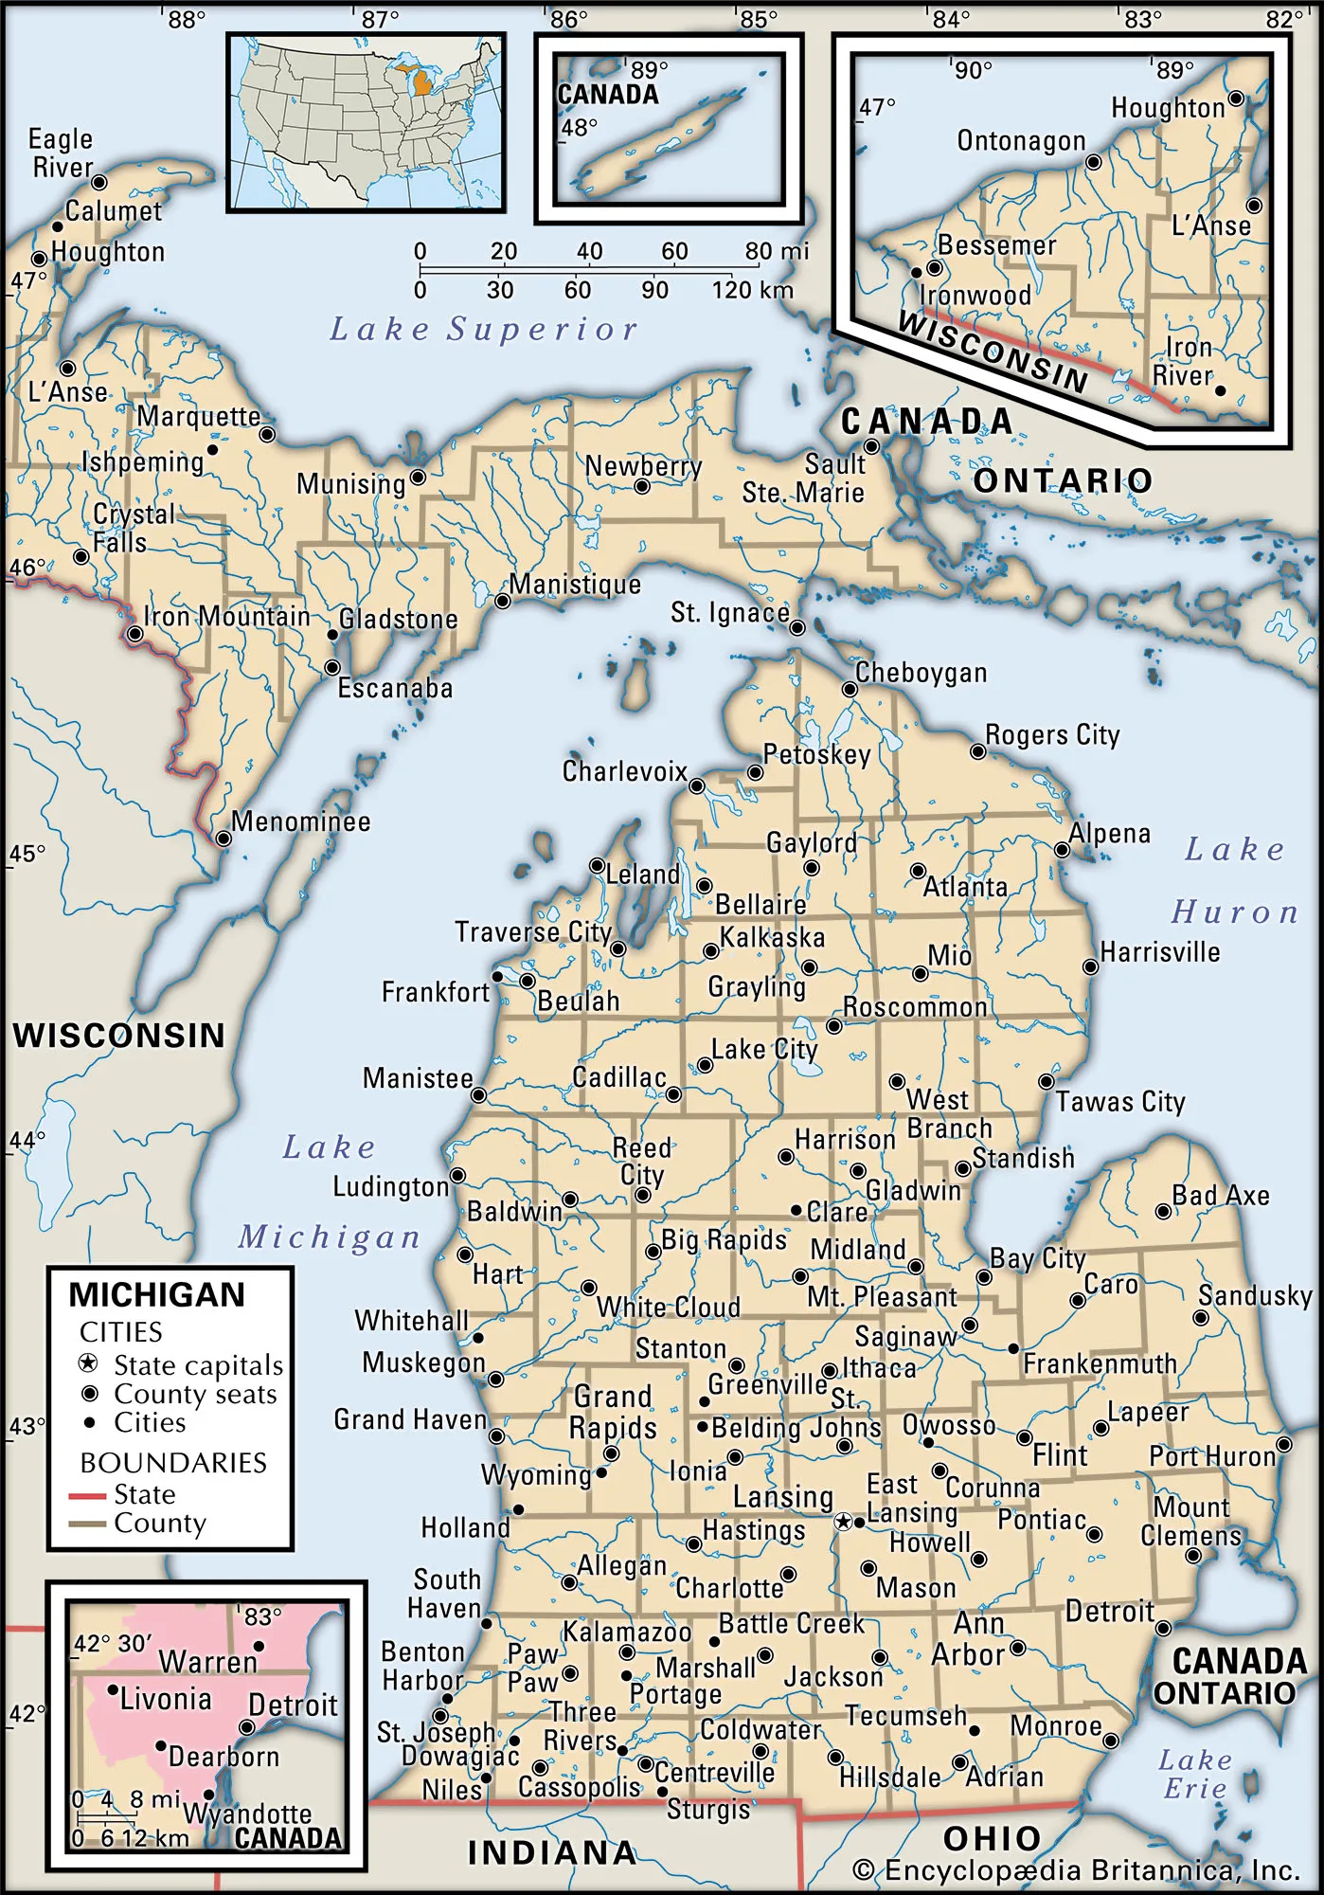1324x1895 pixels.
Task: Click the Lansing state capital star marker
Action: coord(843,1522)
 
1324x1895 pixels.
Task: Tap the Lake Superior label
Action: coord(483,329)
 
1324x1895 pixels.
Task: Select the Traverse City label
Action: coord(533,932)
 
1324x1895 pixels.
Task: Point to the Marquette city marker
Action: coord(267,435)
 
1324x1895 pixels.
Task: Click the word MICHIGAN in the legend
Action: coord(156,1294)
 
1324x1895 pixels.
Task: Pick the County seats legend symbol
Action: coord(89,1395)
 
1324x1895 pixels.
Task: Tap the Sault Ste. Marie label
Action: coord(803,478)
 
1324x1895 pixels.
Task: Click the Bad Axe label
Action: coord(1220,1196)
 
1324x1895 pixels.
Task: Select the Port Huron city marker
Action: coord(1283,1445)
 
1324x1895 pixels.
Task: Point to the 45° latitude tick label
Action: coord(27,854)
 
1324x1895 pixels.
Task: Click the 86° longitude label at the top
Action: coord(568,19)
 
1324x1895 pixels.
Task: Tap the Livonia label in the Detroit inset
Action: coord(166,1699)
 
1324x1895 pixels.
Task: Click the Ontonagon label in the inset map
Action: coord(1021,141)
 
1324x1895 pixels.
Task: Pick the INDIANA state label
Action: coord(552,1852)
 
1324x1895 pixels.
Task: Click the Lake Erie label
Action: coord(1194,1775)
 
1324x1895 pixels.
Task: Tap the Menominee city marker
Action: coord(224,839)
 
